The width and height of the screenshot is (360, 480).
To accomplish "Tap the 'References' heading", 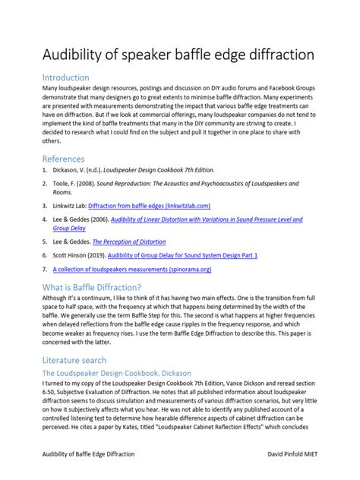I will pos(65,158).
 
